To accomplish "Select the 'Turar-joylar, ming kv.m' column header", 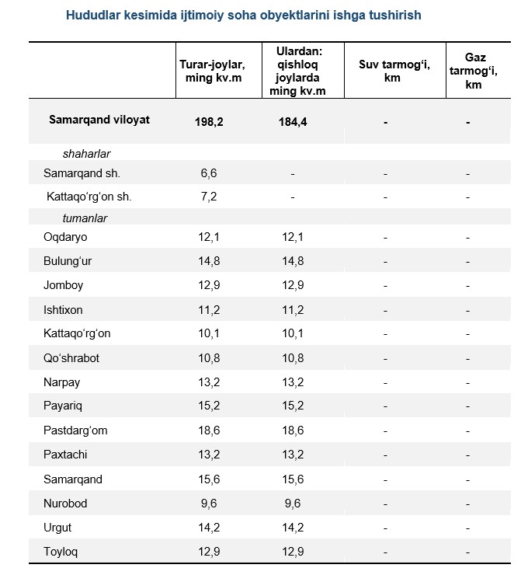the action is (212, 71).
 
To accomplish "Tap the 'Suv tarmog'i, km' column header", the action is (394, 71).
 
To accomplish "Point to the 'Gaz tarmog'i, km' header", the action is (474, 71).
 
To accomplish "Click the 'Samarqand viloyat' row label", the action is (99, 120).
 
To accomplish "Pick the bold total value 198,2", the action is (209, 122).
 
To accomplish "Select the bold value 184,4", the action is (293, 122).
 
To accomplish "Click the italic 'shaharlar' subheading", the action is (86, 154).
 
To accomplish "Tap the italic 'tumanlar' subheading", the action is (85, 218).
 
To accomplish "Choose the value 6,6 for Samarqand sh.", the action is (209, 173).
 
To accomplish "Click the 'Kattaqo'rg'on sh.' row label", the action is (89, 197).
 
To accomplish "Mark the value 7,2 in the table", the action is (209, 197).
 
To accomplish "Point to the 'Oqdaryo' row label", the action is (65, 237).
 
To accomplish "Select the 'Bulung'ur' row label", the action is (68, 261).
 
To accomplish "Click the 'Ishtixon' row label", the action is (63, 310).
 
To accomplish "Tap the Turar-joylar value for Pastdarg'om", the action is (209, 430).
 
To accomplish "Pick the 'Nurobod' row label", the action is (65, 504).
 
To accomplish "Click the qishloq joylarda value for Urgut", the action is (293, 528).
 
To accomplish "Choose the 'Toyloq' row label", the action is (61, 552).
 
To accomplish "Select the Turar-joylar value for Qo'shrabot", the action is (209, 358).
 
